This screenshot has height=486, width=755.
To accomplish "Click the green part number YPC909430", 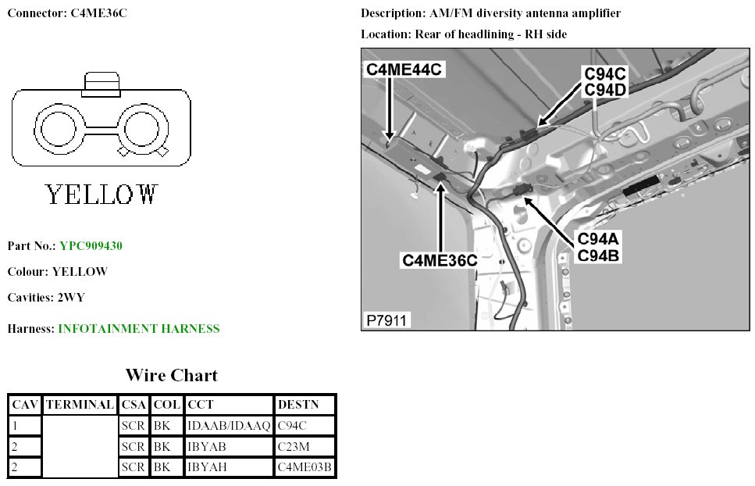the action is (x=91, y=245).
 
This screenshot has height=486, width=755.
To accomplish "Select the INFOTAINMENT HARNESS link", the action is (x=139, y=329).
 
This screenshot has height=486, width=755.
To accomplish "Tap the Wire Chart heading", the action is (x=172, y=376).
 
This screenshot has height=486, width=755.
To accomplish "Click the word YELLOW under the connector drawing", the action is (x=101, y=195).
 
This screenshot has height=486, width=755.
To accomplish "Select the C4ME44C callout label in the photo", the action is (x=404, y=70).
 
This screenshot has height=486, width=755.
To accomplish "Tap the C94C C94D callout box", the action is (x=604, y=81).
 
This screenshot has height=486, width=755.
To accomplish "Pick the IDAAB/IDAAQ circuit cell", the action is (x=229, y=426).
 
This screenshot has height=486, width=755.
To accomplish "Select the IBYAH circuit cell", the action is (x=229, y=467).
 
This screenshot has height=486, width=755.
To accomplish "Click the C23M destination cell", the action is (x=305, y=447).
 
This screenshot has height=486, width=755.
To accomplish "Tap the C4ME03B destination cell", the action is (x=305, y=467).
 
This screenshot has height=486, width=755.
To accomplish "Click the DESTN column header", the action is (x=305, y=405).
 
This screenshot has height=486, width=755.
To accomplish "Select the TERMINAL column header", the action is (x=80, y=405).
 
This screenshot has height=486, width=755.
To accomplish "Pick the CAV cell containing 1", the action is (x=25, y=426).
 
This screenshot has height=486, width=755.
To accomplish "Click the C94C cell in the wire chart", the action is (x=305, y=426).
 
